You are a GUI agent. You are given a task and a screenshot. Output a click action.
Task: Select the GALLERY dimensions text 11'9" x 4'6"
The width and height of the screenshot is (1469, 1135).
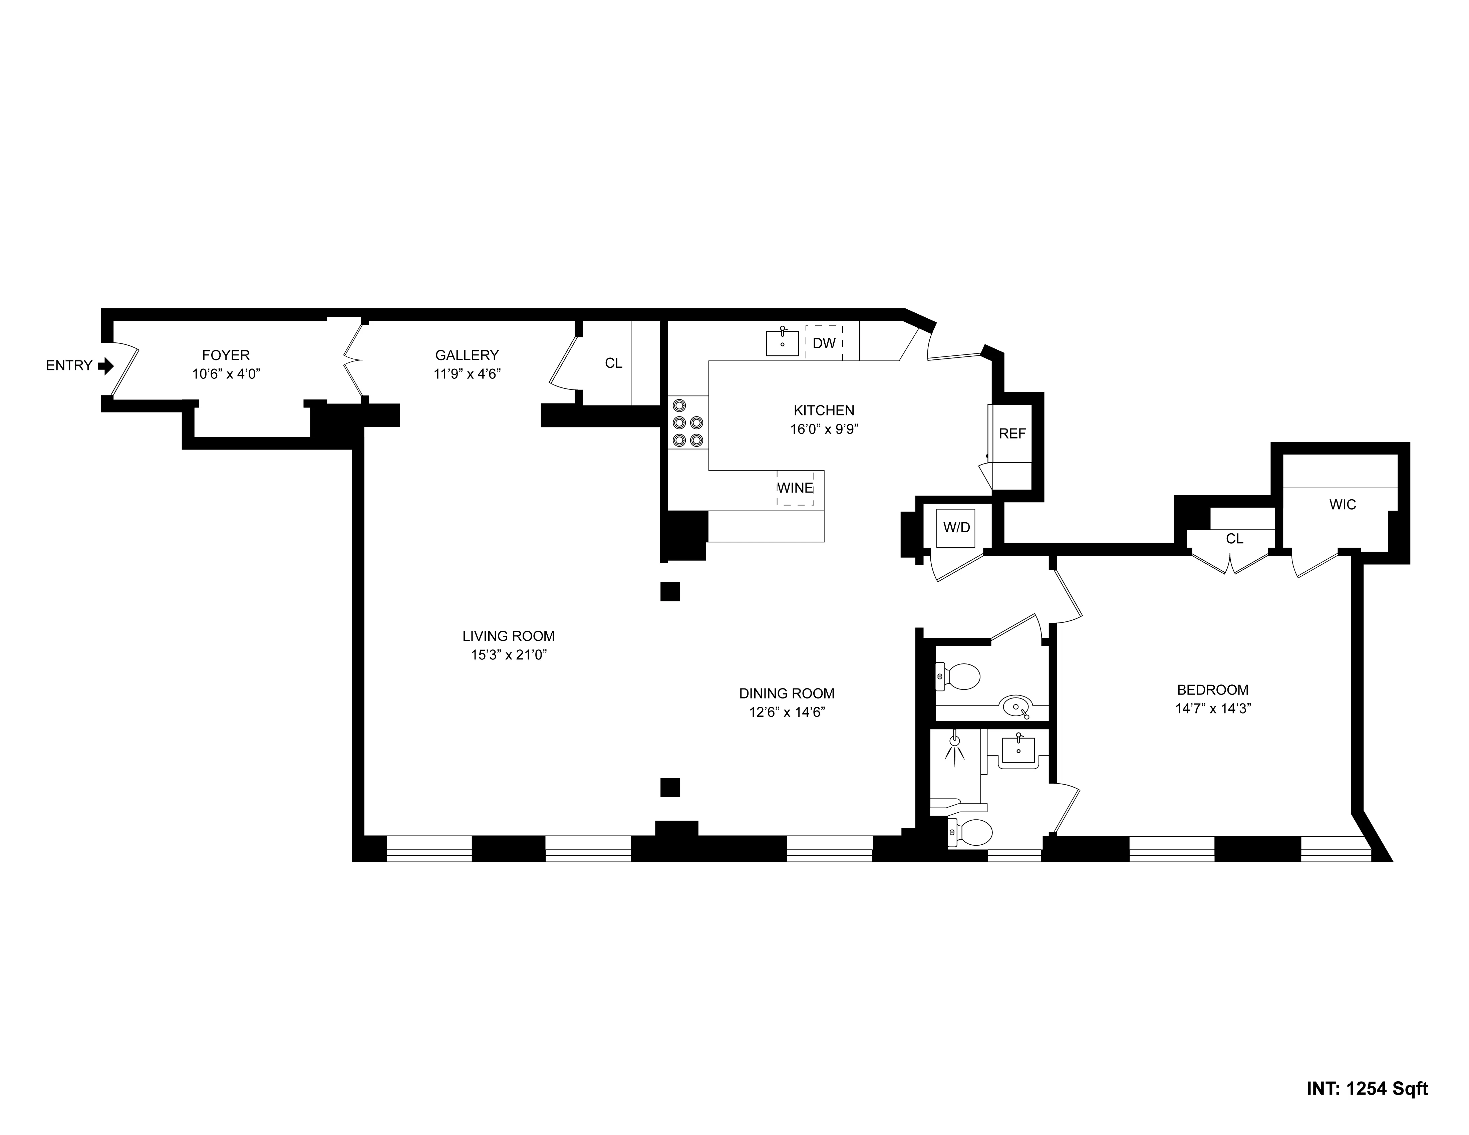467,374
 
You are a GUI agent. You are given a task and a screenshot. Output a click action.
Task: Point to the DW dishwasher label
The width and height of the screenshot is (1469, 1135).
824,343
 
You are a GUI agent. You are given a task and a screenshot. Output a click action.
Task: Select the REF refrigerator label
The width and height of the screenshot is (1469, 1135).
1012,434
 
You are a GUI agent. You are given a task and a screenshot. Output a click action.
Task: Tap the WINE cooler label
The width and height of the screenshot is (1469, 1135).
795,488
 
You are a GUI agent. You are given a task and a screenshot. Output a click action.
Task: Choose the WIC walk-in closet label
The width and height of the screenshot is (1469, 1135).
1343,505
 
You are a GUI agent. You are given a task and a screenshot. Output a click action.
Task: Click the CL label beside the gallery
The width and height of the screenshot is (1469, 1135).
613,363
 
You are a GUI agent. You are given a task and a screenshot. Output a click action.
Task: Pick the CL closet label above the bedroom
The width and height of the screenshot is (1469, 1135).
1234,539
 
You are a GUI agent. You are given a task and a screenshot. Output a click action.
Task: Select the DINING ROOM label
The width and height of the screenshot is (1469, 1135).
786,694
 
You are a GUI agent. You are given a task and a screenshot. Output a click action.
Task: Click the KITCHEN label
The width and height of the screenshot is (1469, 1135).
824,410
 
